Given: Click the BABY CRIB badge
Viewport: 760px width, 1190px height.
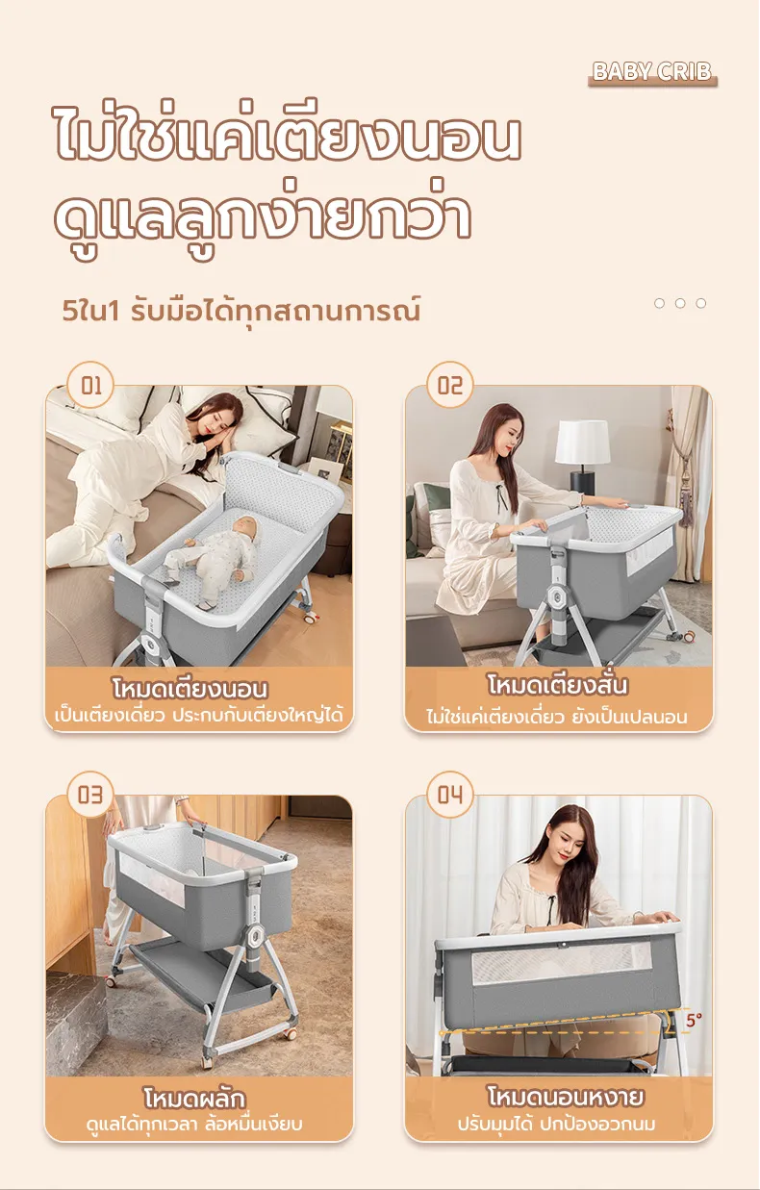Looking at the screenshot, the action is [x=652, y=72].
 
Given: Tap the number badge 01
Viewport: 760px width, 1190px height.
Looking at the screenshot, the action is [x=90, y=385].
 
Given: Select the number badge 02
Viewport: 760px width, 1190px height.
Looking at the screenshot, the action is [x=450, y=385].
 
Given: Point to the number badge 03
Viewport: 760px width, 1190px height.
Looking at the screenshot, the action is [x=90, y=795].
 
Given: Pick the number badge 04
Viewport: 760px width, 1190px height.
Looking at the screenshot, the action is [x=450, y=795].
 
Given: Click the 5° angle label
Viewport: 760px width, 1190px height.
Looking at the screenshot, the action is [x=694, y=1020].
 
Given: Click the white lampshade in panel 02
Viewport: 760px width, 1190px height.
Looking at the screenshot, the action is [x=583, y=442].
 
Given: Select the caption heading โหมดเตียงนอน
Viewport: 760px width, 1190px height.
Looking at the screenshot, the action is [x=190, y=688].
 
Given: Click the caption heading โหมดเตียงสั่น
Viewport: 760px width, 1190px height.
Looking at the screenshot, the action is [x=558, y=685].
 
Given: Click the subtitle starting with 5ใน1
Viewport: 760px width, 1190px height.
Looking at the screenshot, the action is [x=241, y=312].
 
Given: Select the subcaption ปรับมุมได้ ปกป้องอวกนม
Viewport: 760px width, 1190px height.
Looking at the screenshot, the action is [x=557, y=1125].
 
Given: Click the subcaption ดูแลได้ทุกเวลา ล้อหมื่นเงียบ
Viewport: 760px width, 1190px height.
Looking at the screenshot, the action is [x=194, y=1125].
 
